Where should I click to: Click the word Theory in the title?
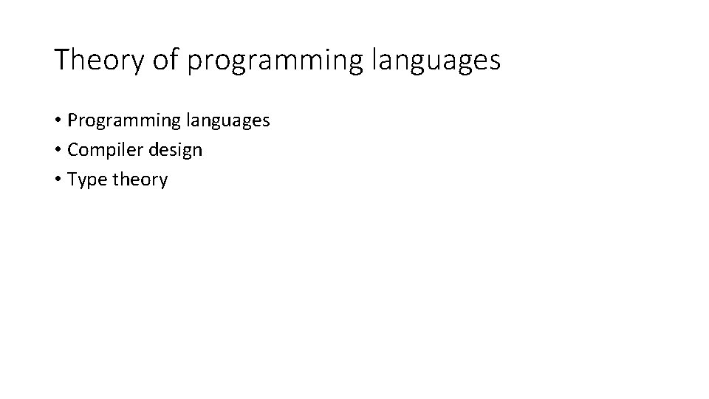pyautogui.click(x=100, y=60)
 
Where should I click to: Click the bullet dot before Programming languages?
pyautogui.click(x=57, y=120)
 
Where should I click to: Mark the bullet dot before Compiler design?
pyautogui.click(x=57, y=150)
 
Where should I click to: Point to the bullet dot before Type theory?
pyautogui.click(x=57, y=180)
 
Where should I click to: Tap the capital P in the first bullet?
pyautogui.click(x=72, y=120)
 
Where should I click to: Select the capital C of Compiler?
pyautogui.click(x=72, y=150)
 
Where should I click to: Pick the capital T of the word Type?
pyautogui.click(x=72, y=179)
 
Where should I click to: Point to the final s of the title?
pyautogui.click(x=495, y=62)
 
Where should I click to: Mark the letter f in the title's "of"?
pyautogui.click(x=175, y=59)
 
